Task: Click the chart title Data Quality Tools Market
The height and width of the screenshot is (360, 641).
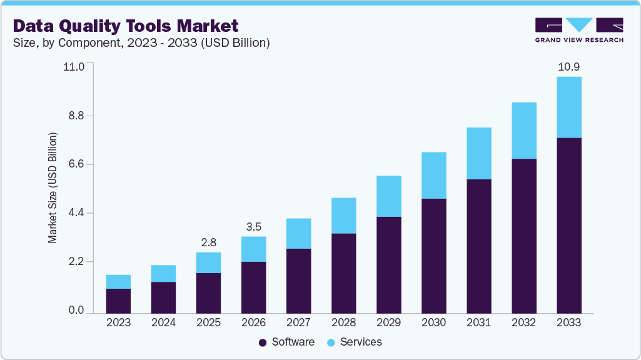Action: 125,26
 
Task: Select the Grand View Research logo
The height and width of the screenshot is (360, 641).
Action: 578,30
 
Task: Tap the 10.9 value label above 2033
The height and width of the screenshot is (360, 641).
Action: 568,67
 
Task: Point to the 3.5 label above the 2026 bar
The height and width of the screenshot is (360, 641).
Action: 253,226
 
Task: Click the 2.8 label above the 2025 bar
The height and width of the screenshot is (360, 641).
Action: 208,242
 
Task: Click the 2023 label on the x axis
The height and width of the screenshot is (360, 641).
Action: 118,323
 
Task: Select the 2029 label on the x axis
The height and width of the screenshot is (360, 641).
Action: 388,323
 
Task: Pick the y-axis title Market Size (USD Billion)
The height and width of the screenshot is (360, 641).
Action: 53,187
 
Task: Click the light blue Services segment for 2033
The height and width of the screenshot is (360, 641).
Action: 568,107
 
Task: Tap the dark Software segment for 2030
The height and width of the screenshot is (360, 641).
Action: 433,256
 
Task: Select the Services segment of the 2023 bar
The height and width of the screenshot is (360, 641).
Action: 118,282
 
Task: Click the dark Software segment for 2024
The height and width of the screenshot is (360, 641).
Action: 163,297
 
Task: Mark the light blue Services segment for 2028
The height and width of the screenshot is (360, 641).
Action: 343,216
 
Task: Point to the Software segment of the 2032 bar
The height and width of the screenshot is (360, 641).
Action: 523,236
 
